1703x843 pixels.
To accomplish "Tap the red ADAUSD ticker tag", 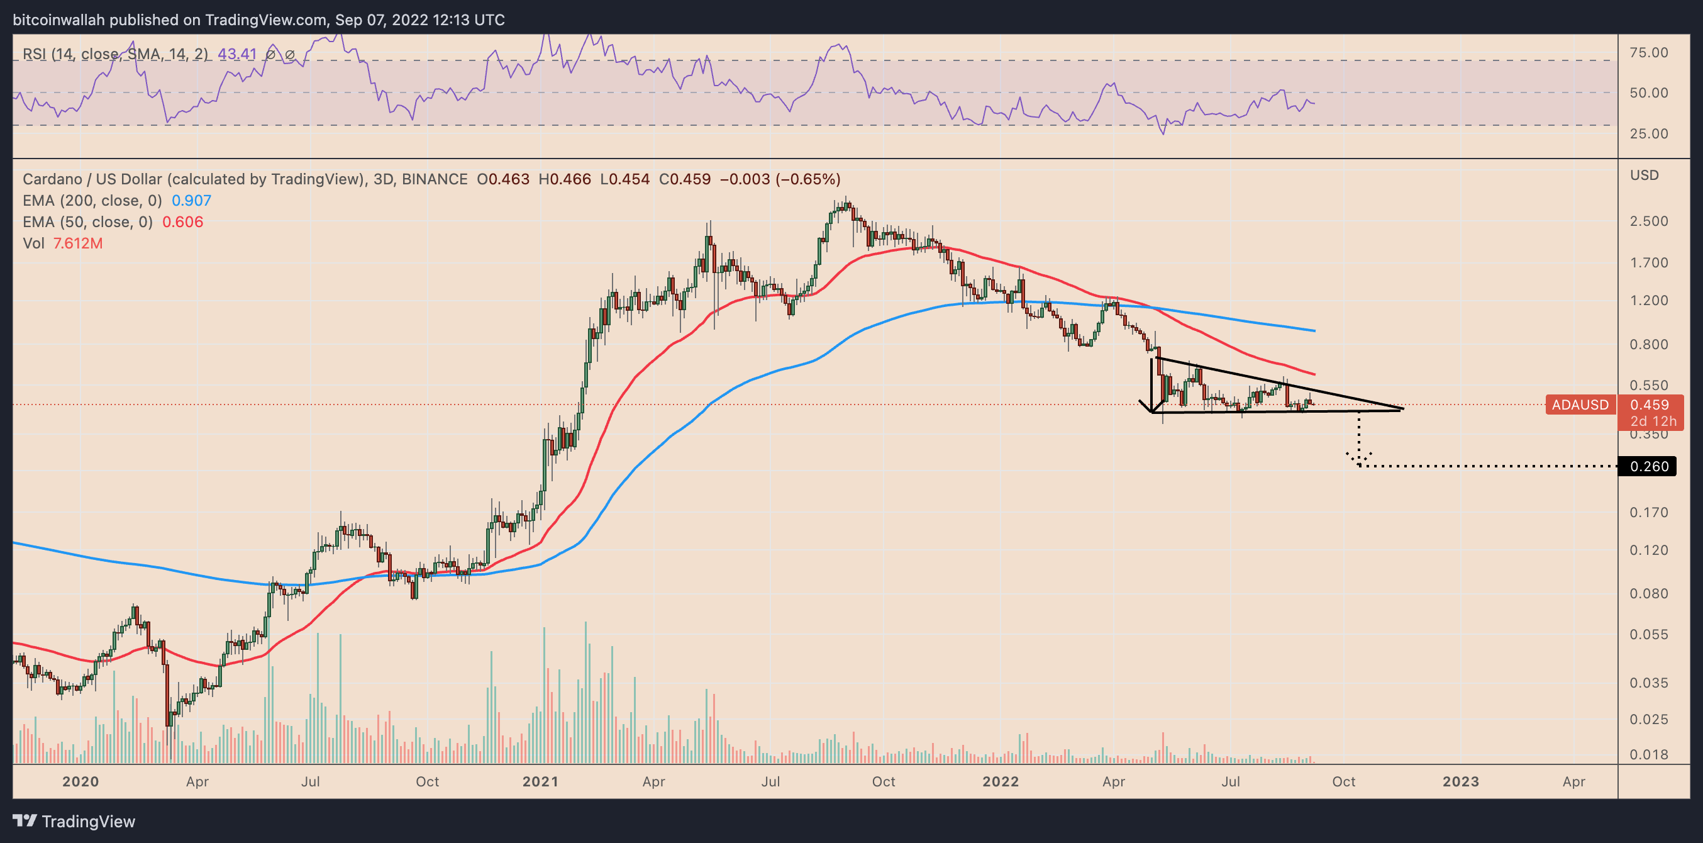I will (x=1579, y=405).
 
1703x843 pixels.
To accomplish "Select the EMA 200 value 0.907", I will (x=191, y=200).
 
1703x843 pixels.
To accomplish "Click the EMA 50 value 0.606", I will (x=182, y=221).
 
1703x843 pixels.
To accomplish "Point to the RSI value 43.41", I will (x=236, y=53).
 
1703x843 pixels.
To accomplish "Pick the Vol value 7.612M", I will (x=77, y=243).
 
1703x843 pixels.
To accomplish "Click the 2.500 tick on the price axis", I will (x=1648, y=221).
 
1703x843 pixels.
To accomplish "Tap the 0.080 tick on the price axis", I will (x=1648, y=593).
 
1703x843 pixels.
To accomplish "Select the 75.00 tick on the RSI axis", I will (x=1648, y=52).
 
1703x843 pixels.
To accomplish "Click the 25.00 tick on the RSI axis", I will (x=1648, y=133).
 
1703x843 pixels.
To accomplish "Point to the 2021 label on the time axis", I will (x=540, y=781).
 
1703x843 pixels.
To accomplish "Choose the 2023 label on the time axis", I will (x=1460, y=781).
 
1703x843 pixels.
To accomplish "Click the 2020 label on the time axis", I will (x=80, y=781).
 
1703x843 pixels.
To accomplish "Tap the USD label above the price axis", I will (x=1644, y=176).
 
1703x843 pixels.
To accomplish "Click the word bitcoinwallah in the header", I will (x=59, y=20).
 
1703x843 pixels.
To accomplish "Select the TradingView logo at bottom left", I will (x=74, y=821).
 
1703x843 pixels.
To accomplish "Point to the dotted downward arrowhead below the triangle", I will (x=1358, y=459).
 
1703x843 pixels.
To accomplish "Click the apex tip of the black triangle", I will (x=1402, y=409).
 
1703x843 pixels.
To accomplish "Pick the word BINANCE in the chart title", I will (x=435, y=179).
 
